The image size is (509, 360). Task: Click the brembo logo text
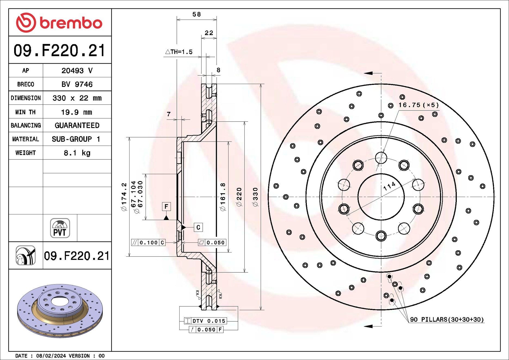(71, 23)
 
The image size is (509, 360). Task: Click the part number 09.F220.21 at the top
(59, 51)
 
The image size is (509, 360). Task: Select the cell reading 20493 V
(77, 71)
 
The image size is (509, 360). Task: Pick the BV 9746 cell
(77, 84)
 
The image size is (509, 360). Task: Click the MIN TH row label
(26, 112)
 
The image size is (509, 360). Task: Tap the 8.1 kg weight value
(77, 153)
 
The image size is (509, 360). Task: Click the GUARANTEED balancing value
(77, 125)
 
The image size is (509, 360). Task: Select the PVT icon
(60, 228)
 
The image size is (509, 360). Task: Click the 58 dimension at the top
(196, 14)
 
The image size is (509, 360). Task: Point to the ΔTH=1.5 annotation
(179, 52)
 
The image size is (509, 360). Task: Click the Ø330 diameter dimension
(255, 197)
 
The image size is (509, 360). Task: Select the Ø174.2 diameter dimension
(124, 197)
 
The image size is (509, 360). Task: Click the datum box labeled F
(166, 207)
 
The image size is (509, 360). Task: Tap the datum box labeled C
(198, 227)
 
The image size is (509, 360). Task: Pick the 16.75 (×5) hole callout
(418, 105)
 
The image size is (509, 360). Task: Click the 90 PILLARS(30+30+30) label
(447, 319)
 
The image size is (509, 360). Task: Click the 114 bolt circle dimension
(389, 186)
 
